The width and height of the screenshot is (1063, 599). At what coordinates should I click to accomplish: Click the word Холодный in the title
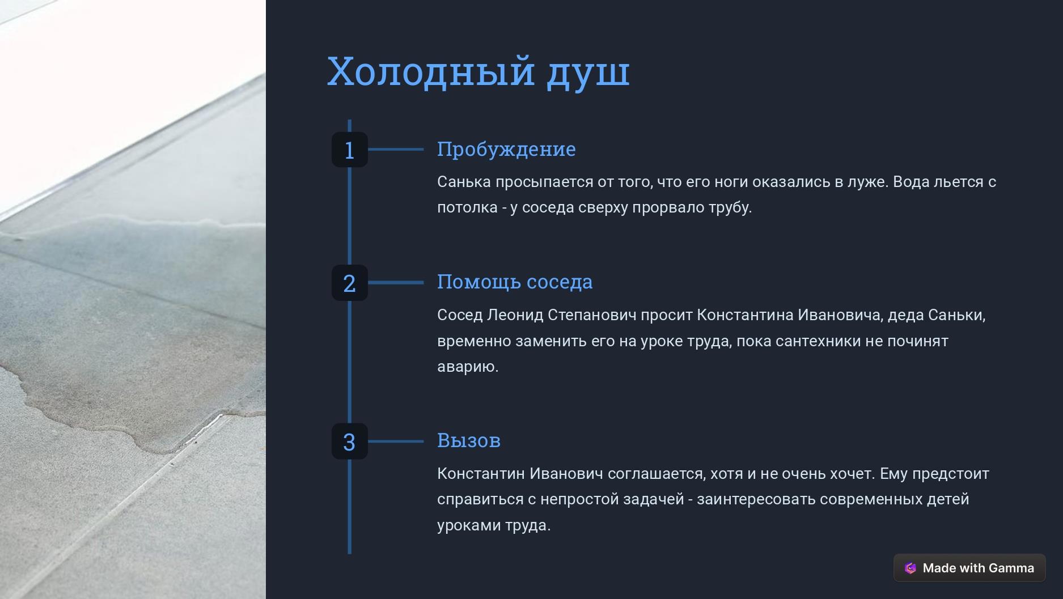point(431,71)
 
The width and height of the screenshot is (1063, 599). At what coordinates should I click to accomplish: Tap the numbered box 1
point(350,150)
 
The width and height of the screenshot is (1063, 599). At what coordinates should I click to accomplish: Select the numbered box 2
point(350,283)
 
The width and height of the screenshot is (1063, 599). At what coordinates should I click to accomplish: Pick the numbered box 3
point(350,441)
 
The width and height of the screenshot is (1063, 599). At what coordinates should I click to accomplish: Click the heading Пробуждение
point(506,150)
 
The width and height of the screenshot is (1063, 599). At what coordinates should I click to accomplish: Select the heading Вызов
point(469,440)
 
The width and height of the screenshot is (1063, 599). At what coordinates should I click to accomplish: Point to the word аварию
point(468,367)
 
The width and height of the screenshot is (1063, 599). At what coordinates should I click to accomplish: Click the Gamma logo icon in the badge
point(910,568)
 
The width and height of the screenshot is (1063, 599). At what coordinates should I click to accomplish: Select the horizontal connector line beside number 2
point(396,282)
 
